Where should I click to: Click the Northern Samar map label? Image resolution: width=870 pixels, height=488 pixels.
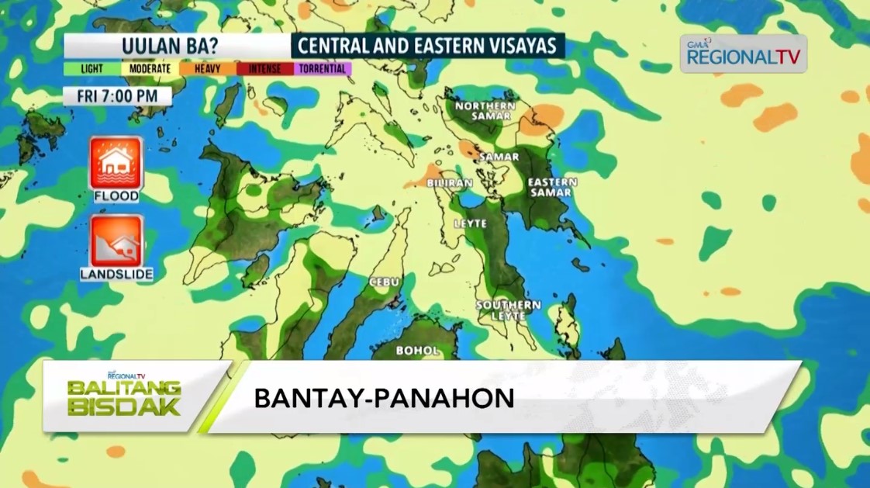tap(484, 110)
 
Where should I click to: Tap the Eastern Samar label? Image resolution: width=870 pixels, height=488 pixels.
tap(552, 187)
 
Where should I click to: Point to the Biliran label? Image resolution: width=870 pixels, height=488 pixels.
tap(449, 183)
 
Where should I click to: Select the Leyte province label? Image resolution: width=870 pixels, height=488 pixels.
tap(470, 223)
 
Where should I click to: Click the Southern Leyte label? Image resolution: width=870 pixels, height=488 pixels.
tap(508, 310)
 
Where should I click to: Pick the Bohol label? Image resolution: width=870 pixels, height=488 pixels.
tap(417, 351)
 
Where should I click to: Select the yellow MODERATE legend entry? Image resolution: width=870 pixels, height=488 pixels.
tap(150, 69)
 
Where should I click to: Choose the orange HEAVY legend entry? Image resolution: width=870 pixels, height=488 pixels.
tap(207, 69)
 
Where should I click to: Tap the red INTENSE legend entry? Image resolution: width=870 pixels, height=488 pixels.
tap(264, 69)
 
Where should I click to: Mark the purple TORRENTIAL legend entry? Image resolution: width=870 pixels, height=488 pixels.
tap(322, 69)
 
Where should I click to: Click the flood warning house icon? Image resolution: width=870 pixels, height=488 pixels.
tap(116, 163)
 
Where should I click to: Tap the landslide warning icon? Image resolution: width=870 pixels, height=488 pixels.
tap(116, 241)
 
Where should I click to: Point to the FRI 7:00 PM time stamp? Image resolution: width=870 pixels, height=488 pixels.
tap(117, 96)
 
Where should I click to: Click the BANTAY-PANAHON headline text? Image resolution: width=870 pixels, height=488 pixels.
tap(384, 398)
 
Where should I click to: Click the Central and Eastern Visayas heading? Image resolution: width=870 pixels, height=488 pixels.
tap(427, 46)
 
